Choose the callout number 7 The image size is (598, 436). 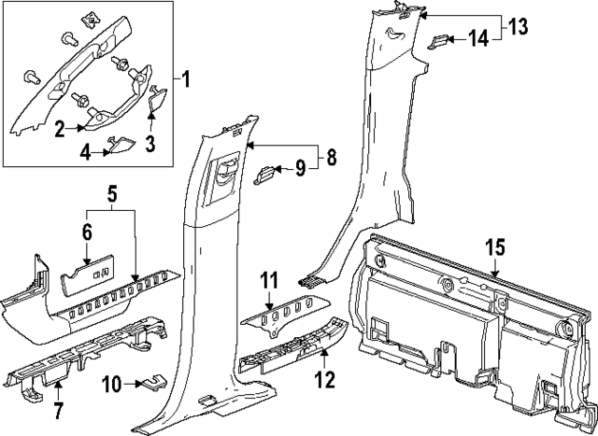pos(60,411)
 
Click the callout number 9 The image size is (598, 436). pos(300,168)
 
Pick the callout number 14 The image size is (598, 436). pos(477,38)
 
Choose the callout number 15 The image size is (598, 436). pos(494,247)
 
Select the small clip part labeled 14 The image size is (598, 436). pos(440,40)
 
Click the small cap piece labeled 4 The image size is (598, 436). pos(119,142)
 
